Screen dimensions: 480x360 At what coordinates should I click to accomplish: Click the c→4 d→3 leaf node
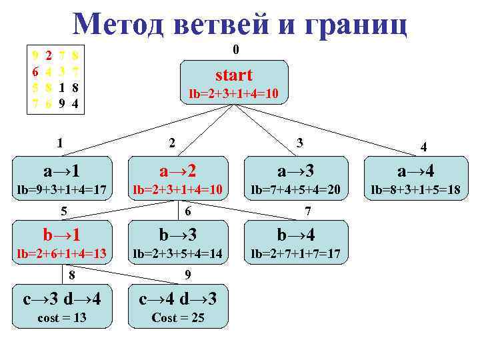coord(177,306)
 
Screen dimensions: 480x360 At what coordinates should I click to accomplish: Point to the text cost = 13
coord(61,318)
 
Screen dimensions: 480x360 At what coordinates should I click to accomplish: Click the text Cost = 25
coord(178,318)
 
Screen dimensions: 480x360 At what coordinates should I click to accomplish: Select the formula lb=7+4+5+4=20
coord(295,189)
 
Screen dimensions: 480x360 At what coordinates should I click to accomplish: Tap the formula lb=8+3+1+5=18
coord(416,189)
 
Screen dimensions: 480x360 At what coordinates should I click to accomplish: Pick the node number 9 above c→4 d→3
coord(188,274)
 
